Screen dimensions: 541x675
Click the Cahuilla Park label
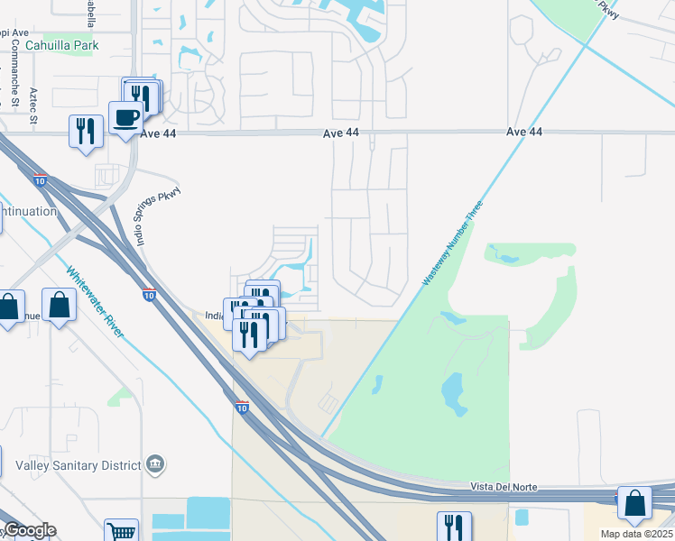click(x=61, y=44)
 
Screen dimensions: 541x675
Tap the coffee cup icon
click(x=126, y=116)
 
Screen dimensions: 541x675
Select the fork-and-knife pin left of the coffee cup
click(x=86, y=132)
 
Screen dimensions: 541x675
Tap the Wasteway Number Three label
click(x=452, y=244)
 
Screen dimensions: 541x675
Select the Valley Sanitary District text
click(x=79, y=465)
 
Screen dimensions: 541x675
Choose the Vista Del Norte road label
click(x=504, y=487)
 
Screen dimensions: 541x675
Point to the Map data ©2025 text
click(x=637, y=534)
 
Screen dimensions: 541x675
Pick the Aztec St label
click(x=32, y=105)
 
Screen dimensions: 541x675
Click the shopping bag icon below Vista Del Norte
click(x=634, y=504)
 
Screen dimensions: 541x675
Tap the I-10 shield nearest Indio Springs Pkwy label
click(x=149, y=294)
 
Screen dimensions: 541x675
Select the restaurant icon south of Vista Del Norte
click(x=454, y=527)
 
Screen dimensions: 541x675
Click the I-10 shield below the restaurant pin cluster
click(x=241, y=407)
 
